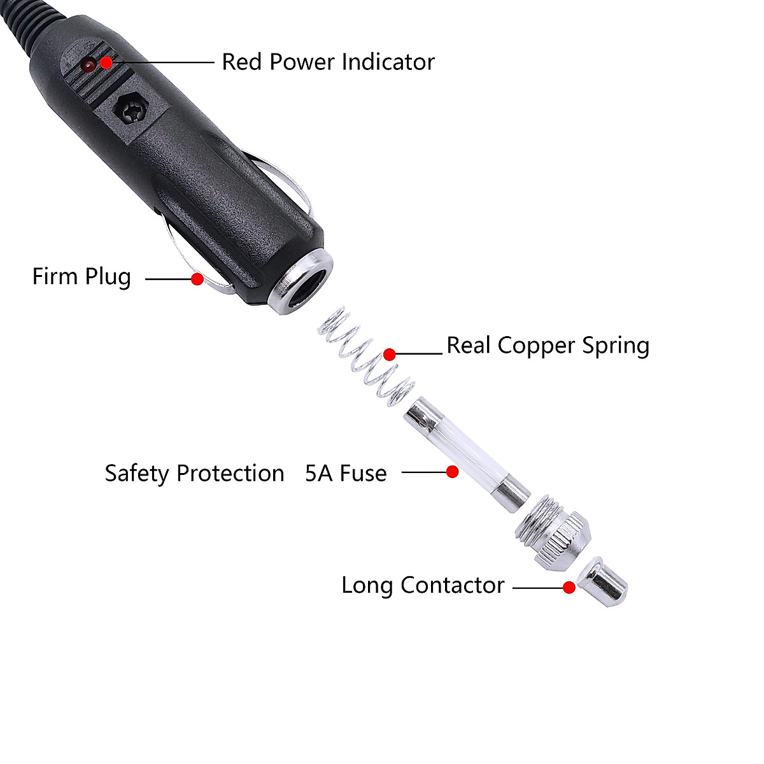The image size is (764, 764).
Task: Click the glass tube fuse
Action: click(x=466, y=452)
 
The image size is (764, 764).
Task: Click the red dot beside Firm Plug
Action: click(x=197, y=278)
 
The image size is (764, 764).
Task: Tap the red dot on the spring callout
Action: click(x=390, y=353)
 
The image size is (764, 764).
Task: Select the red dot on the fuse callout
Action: click(x=452, y=472)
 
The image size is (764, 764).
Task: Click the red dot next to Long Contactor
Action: click(x=569, y=588)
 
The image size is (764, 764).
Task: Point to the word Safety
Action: click(x=137, y=473)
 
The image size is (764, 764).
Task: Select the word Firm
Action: click(x=55, y=276)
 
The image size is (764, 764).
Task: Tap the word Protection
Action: click(x=230, y=473)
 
